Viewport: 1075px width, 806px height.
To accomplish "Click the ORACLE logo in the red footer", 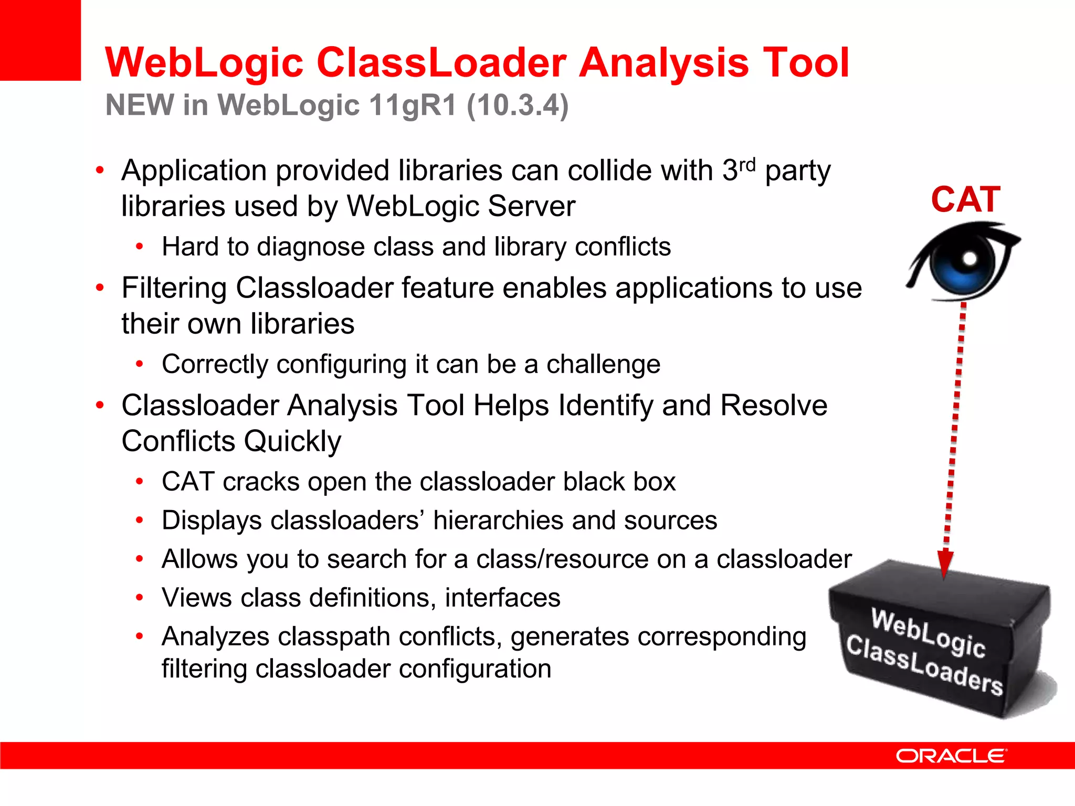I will point(951,756).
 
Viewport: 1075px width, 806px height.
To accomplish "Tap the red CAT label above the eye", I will point(966,200).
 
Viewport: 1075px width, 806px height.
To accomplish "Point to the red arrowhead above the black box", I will point(945,564).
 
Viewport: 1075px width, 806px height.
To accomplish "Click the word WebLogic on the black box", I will point(928,633).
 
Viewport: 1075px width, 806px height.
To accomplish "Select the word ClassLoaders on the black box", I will point(924,665).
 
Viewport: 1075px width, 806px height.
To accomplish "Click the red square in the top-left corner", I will point(40,40).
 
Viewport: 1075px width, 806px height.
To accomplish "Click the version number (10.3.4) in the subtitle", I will point(518,105).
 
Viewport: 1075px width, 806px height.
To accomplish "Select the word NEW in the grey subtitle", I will point(140,105).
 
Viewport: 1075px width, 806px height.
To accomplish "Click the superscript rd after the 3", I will point(747,164).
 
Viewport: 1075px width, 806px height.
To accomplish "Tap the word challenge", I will point(603,364).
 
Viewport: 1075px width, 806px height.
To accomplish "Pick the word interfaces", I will point(502,598).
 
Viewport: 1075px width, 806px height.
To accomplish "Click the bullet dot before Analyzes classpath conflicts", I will point(139,637).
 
